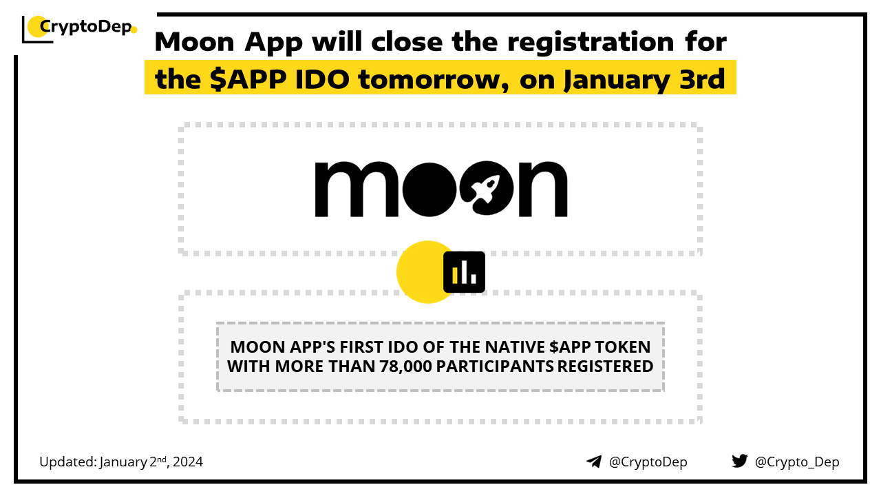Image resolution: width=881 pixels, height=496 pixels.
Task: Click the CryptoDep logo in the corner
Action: [79, 29]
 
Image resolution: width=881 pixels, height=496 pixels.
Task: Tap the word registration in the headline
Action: [591, 43]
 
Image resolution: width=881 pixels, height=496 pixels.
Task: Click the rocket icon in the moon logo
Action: [486, 189]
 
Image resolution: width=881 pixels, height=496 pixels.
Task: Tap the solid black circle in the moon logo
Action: [429, 189]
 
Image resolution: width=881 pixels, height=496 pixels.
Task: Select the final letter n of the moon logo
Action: [543, 189]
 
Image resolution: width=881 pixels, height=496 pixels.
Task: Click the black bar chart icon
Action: [464, 272]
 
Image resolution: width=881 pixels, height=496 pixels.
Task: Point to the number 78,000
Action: [406, 366]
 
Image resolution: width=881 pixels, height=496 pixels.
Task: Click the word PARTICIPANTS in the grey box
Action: [494, 366]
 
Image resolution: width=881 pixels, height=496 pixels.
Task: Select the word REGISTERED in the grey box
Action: [605, 366]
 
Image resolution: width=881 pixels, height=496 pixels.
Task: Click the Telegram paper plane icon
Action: [594, 462]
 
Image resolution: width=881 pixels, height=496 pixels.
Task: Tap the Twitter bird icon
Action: [739, 461]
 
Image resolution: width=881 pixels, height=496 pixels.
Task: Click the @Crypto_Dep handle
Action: [797, 462]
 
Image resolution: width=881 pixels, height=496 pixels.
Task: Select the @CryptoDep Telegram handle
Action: [648, 462]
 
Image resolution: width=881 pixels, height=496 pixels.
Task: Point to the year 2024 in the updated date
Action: [188, 462]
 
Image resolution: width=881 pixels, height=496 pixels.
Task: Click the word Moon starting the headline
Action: [195, 43]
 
